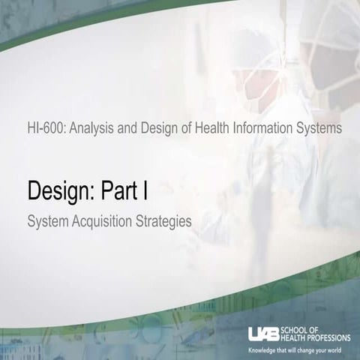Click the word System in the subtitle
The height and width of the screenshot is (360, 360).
click(x=47, y=223)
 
